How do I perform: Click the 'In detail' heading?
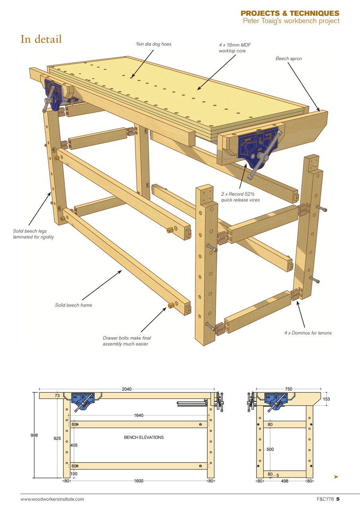tap(41, 39)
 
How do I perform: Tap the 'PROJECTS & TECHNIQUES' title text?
tap(290, 14)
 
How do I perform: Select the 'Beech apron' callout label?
tap(289, 58)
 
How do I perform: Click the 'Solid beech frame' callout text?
tap(74, 305)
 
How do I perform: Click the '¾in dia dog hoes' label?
tap(154, 44)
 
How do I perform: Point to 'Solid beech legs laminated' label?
tap(33, 234)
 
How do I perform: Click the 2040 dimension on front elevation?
tap(127, 389)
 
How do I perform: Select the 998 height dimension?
tap(34, 435)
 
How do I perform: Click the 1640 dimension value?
tap(138, 416)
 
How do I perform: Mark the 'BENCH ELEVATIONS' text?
tap(144, 437)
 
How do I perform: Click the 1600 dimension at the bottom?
tap(138, 481)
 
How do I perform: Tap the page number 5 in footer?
tap(337, 499)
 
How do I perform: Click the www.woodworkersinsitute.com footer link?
tap(53, 499)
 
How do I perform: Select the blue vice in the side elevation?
tap(275, 400)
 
